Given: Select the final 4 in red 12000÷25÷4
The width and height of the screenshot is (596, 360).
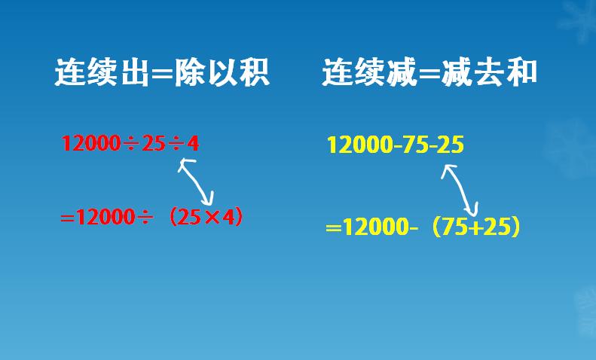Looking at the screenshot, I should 193,143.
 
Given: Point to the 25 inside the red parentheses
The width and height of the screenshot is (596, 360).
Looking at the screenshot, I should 192,218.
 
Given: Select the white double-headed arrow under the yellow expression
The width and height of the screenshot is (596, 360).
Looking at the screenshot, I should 460,190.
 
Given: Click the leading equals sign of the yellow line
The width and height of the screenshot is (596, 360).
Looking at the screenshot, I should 334,228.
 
